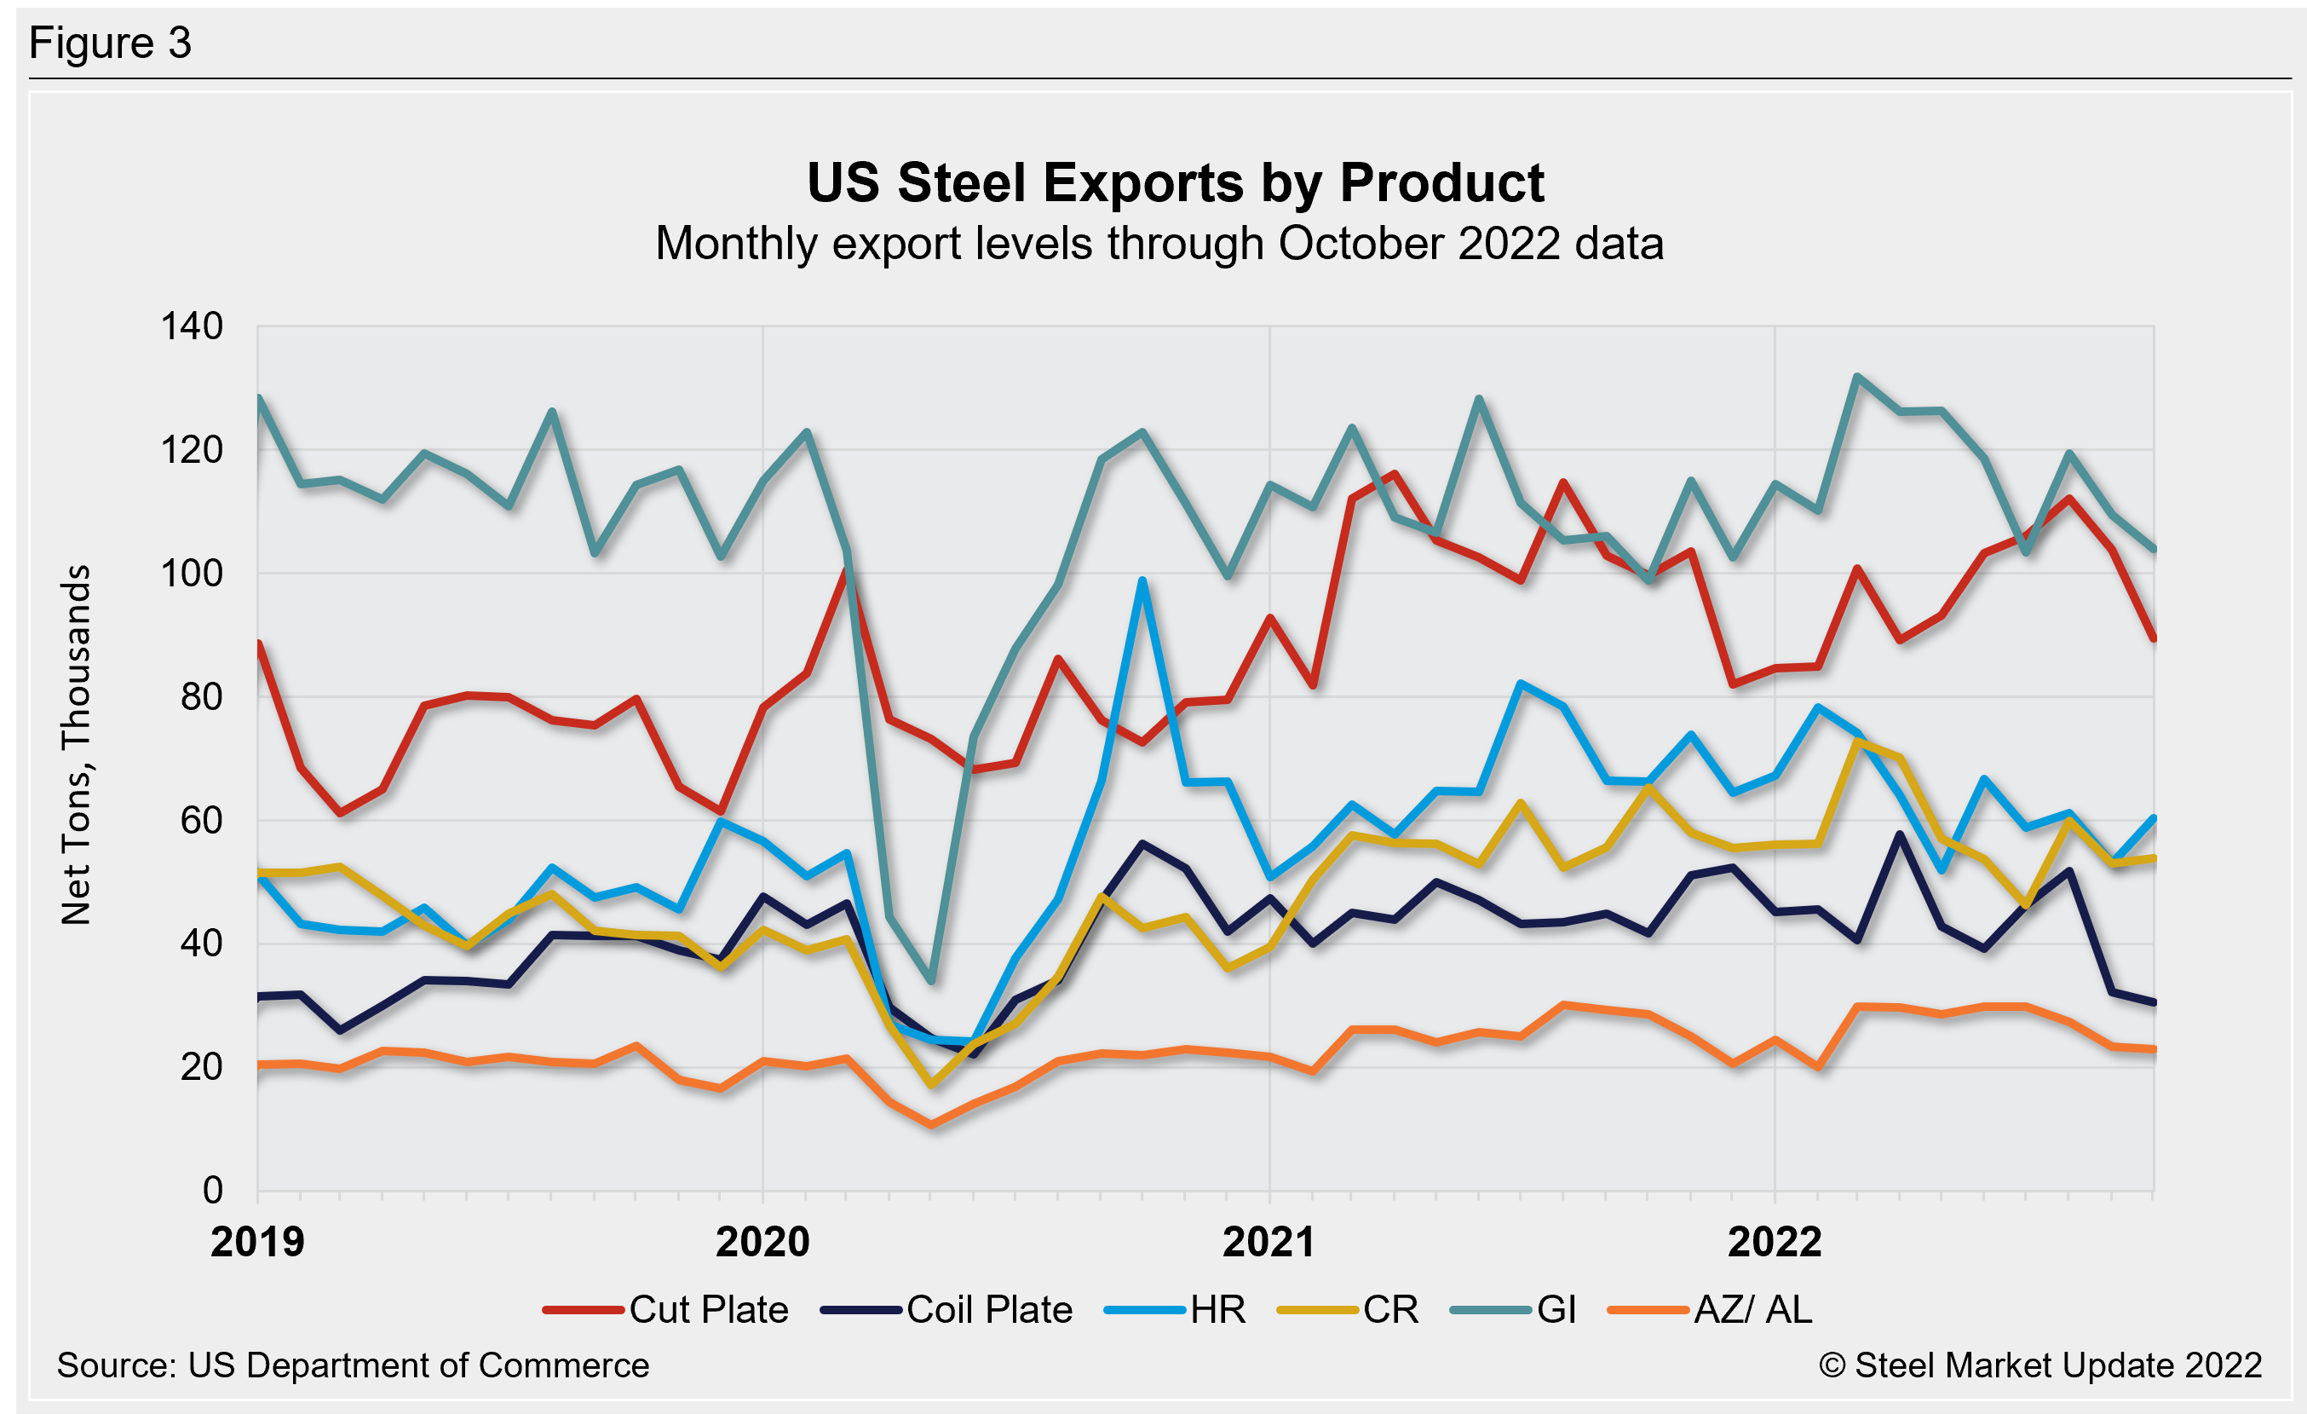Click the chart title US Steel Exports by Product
pyautogui.click(x=1175, y=182)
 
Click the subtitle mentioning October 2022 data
pyautogui.click(x=1159, y=244)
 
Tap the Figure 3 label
pyautogui.click(x=111, y=43)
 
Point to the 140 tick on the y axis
pyautogui.click(x=192, y=326)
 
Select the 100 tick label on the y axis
pyautogui.click(x=192, y=573)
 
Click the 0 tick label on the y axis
pyautogui.click(x=212, y=1190)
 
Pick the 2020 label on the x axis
pyautogui.click(x=762, y=1242)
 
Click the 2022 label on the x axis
pyautogui.click(x=1775, y=1242)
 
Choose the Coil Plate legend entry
pyautogui.click(x=946, y=1309)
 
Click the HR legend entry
pyautogui.click(x=1176, y=1309)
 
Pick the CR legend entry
pyautogui.click(x=1349, y=1309)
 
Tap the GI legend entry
pyautogui.click(x=1514, y=1309)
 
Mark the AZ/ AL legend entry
pyautogui.click(x=1710, y=1309)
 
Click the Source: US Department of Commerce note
pyautogui.click(x=352, y=1365)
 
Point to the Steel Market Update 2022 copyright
pyautogui.click(x=2040, y=1365)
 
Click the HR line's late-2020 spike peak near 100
pyautogui.click(x=1142, y=580)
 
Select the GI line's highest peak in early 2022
pyautogui.click(x=1857, y=377)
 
